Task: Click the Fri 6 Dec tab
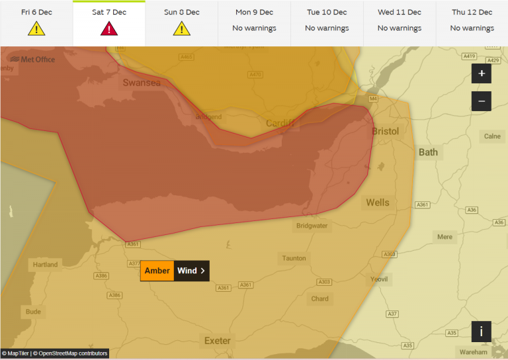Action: click(36, 22)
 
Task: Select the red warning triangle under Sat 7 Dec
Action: click(109, 29)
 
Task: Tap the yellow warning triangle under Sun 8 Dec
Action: click(181, 29)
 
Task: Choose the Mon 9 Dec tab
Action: click(254, 22)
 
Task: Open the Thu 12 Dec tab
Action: click(472, 22)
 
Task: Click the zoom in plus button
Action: click(481, 73)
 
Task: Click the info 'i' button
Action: click(481, 332)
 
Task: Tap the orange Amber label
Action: click(157, 271)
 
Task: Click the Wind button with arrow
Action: click(191, 271)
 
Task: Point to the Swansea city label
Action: click(141, 83)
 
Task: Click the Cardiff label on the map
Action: click(280, 124)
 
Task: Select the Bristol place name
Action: click(385, 131)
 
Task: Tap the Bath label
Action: click(428, 152)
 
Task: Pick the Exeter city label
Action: click(217, 341)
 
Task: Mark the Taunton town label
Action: click(294, 258)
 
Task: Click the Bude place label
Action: click(33, 311)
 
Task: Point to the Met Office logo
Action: click(32, 60)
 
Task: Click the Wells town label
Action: click(378, 202)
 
